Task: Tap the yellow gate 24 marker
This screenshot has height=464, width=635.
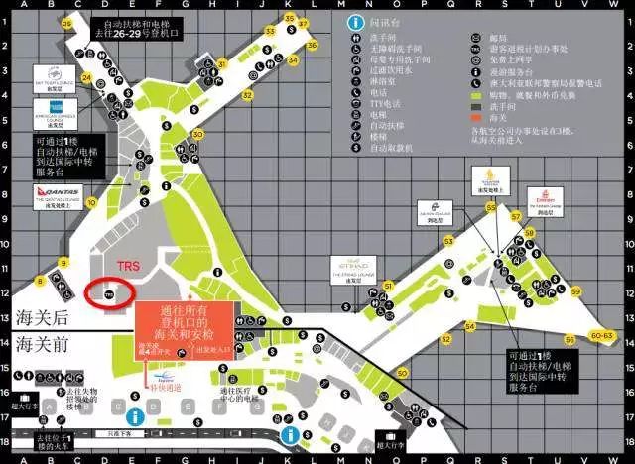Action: pyautogui.click(x=86, y=78)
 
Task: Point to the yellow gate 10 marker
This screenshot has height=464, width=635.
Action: pyautogui.click(x=90, y=211)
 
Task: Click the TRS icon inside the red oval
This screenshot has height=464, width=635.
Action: pyautogui.click(x=111, y=293)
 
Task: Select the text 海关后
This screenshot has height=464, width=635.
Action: pyautogui.click(x=43, y=317)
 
